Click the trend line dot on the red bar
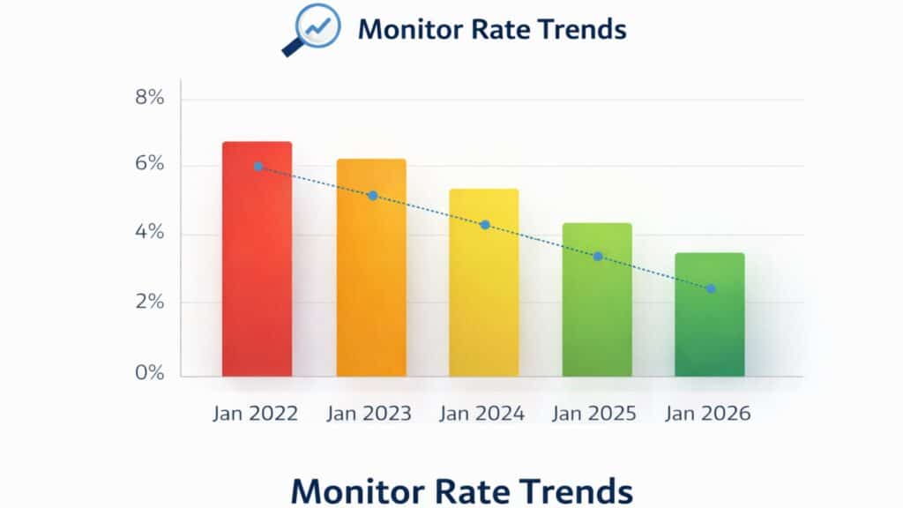(x=258, y=166)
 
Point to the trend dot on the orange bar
(x=372, y=196)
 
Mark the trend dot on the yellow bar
(x=485, y=225)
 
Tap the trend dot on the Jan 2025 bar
(x=598, y=257)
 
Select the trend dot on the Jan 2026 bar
(x=711, y=288)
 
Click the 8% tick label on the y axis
(x=150, y=98)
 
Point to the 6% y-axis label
(x=150, y=164)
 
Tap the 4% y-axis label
(x=150, y=233)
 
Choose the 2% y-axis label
(x=150, y=303)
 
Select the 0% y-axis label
(x=150, y=373)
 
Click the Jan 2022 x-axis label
(x=256, y=414)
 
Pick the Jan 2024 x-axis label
(x=482, y=414)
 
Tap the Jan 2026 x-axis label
(x=708, y=414)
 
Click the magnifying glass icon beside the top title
(x=310, y=29)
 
